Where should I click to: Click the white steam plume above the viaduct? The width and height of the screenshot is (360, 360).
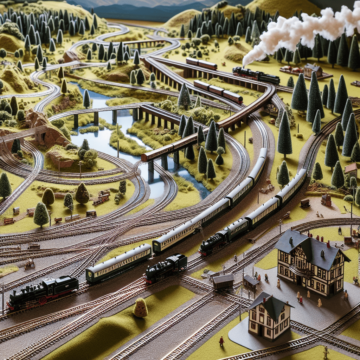299,32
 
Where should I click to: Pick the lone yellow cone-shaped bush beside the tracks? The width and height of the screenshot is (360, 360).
141,308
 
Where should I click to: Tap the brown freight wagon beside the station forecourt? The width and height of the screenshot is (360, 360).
223,281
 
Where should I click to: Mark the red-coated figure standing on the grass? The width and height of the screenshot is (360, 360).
221,340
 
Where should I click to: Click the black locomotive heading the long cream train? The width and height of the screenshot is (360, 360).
213,243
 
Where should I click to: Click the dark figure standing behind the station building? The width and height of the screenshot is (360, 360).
340,231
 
